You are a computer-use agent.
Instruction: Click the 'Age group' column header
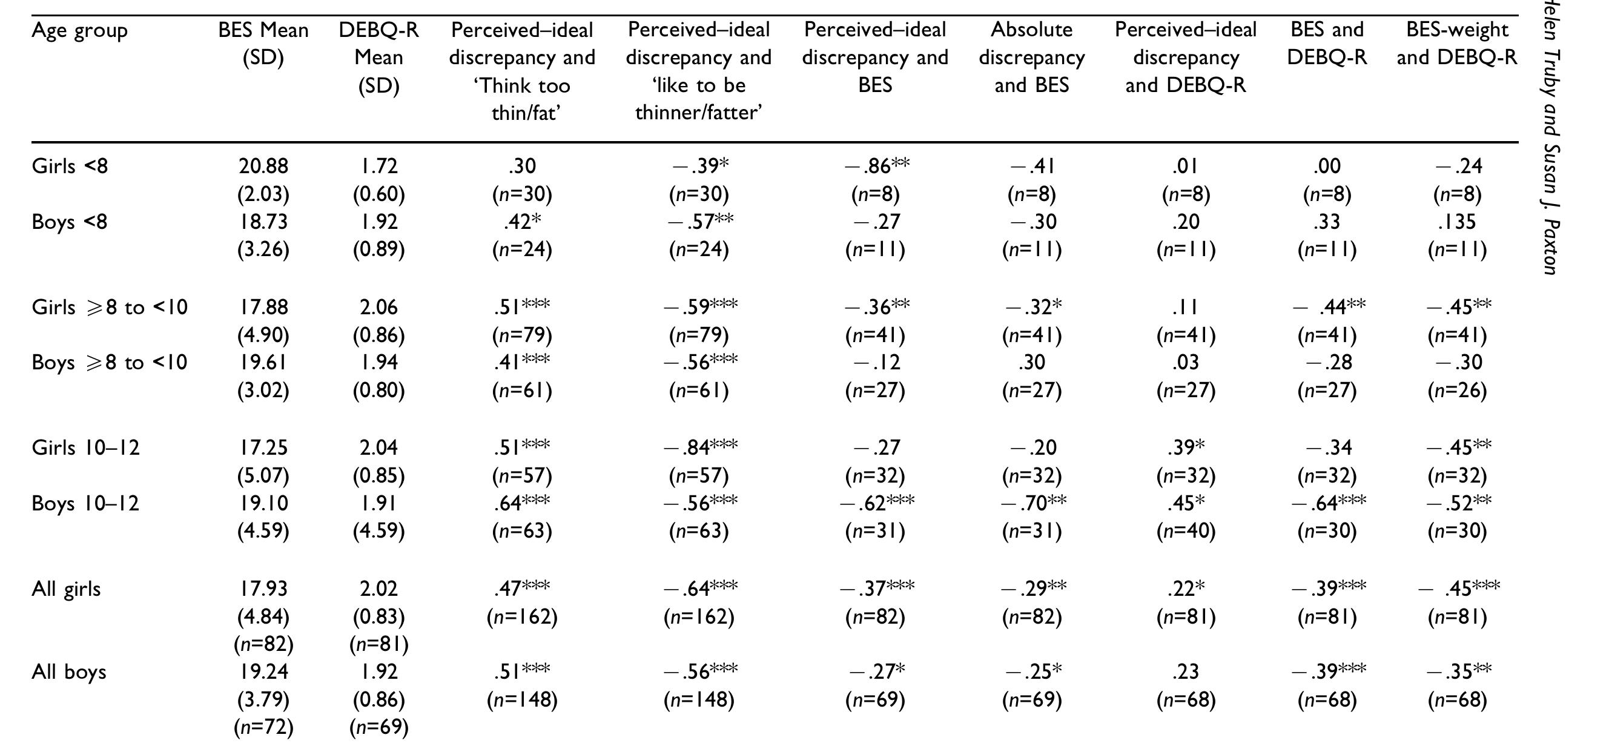point(79,30)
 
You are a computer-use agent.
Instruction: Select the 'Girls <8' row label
point(69,166)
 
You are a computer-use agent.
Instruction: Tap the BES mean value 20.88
point(263,166)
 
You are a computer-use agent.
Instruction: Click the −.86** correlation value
point(876,165)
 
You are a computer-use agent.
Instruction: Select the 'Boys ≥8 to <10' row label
point(110,363)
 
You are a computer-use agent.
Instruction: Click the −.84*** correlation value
point(699,447)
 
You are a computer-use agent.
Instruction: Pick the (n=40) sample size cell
point(1186,531)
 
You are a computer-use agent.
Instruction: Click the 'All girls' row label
point(65,589)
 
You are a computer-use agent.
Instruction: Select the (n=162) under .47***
point(521,617)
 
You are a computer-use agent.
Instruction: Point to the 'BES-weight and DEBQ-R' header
point(1456,43)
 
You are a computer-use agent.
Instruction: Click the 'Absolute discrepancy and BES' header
point(1031,57)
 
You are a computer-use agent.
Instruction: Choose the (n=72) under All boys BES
point(263,727)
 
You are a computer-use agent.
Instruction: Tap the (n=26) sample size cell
point(1456,391)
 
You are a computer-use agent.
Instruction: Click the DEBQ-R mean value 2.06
point(378,308)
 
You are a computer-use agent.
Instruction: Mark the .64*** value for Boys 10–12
point(521,503)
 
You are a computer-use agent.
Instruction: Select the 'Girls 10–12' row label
point(85,448)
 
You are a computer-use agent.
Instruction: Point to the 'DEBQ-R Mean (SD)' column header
point(378,57)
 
